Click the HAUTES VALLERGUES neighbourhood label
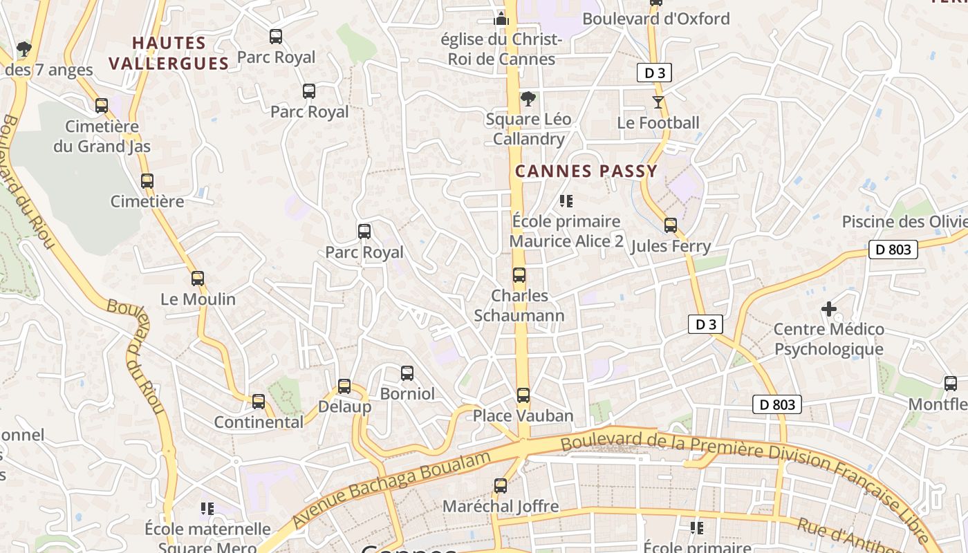coord(169,53)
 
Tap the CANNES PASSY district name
coord(586,171)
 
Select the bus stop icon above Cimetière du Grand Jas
coord(102,106)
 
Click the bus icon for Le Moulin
coord(198,279)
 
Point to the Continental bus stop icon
coord(259,401)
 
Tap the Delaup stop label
coord(344,406)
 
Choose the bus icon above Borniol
coord(407,373)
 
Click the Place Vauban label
coord(523,415)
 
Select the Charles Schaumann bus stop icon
coord(519,275)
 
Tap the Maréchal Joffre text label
coord(500,506)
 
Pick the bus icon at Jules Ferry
coord(670,225)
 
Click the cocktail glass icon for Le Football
coord(658,102)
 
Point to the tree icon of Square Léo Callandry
coord(528,99)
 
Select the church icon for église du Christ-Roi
coord(501,18)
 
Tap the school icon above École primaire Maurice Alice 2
coord(566,201)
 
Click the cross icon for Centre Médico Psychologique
coord(828,308)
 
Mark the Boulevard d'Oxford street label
coord(655,19)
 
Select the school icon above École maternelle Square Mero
coord(207,509)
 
